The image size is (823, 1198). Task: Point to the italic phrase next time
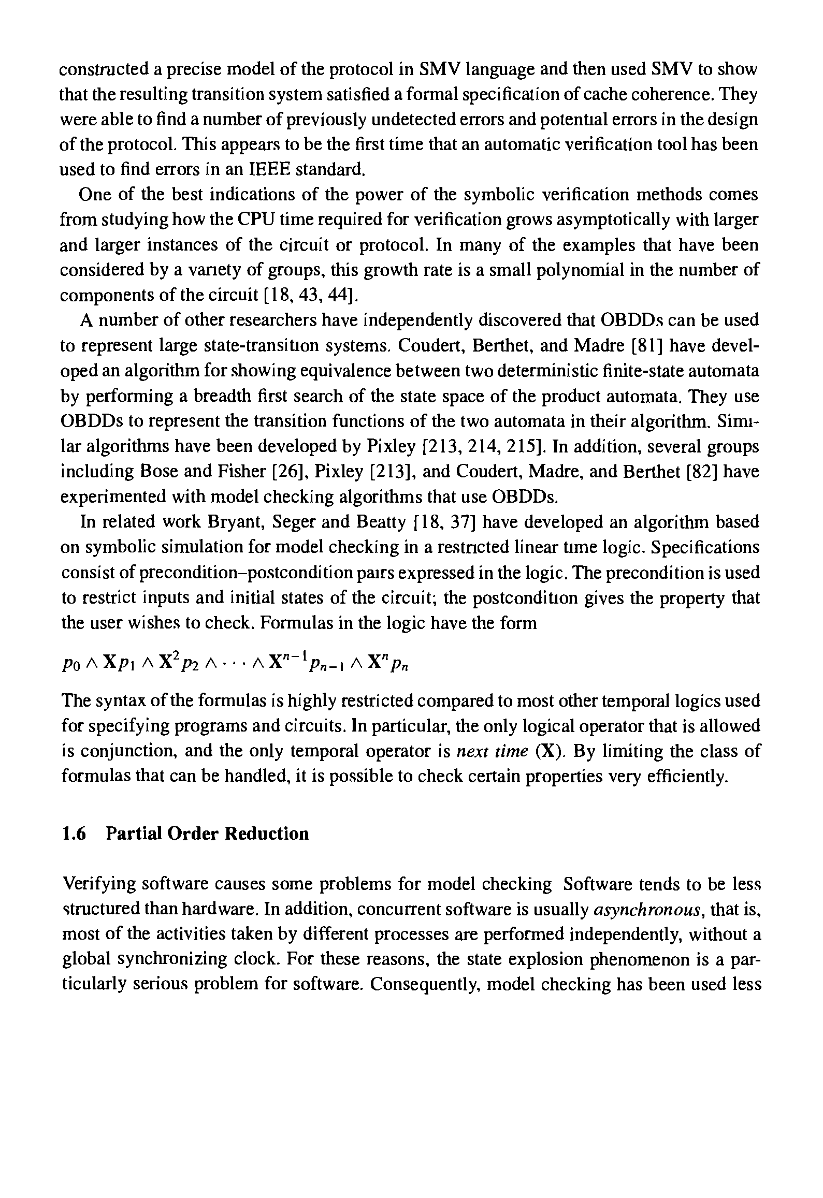[x=492, y=751]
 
